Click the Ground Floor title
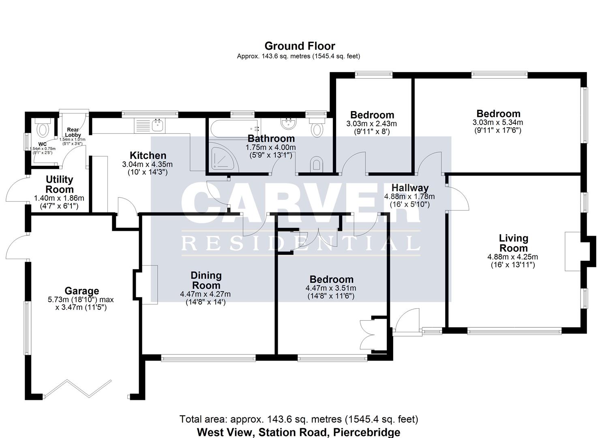click(300, 46)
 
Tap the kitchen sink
click(157, 125)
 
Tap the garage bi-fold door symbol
click(77, 388)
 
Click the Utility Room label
click(59, 184)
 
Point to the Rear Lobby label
click(73, 132)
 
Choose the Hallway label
click(410, 188)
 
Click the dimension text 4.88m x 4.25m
click(512, 257)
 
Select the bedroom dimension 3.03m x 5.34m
click(497, 122)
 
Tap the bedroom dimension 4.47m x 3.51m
click(331, 288)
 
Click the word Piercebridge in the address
click(366, 432)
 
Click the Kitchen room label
click(148, 155)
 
